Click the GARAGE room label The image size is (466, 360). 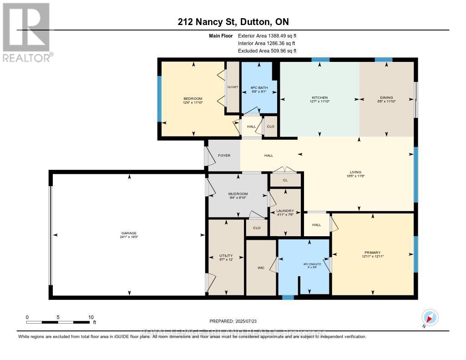coord(129,233)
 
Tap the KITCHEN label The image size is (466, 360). coord(319,97)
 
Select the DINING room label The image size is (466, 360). coord(386,97)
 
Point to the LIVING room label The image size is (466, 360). coord(359,172)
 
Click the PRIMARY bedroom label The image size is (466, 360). coord(372,253)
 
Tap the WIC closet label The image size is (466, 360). coord(261,268)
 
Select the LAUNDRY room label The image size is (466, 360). coord(285,211)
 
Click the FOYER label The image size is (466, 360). coord(224,156)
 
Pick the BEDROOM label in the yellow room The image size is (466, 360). coord(192,99)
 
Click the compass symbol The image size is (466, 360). coord(430,317)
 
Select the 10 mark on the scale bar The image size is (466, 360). coord(91,317)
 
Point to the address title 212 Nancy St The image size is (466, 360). coord(233,22)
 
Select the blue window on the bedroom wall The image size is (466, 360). coord(159,99)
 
